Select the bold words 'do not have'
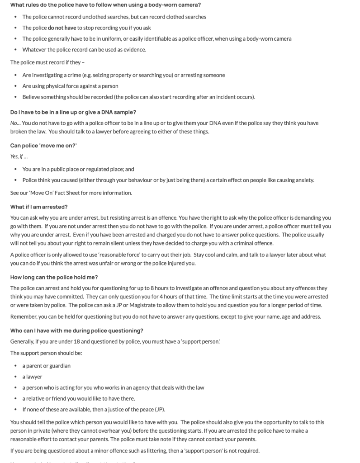[62, 28]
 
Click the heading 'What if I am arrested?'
[39, 207]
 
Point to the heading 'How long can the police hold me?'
[54, 277]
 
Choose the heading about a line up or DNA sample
[73, 112]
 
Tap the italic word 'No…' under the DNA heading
[15, 123]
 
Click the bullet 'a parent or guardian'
[46, 366]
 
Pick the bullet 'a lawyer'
[32, 377]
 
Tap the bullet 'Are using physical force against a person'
[70, 86]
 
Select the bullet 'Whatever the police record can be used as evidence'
[84, 50]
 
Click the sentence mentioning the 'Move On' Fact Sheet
[71, 193]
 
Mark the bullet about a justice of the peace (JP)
[94, 410]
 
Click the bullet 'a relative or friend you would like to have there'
[78, 398]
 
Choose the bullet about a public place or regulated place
[78, 169]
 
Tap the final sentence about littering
[135, 450]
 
